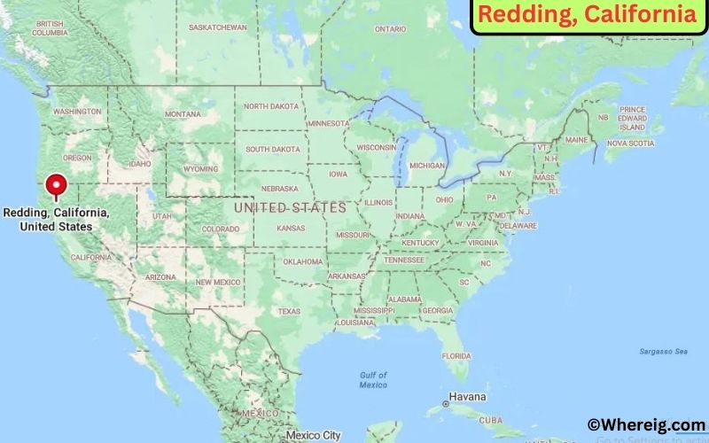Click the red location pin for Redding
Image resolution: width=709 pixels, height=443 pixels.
57,185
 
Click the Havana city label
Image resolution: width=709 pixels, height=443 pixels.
468,396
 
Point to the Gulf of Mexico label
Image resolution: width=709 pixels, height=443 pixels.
373,380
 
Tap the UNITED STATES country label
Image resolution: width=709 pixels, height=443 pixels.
289,207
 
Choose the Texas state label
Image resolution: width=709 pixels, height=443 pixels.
289,311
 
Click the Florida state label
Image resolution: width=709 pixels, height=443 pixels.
456,355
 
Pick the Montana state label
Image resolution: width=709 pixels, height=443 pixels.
183,114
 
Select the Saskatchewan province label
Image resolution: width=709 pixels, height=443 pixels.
217,27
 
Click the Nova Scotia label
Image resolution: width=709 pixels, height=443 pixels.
629,143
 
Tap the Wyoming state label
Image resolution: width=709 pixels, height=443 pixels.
200,168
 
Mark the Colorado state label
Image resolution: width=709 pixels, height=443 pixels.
220,229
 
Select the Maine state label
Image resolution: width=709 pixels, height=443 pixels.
576,140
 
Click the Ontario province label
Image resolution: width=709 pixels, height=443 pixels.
390,29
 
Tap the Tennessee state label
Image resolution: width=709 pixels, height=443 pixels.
403,260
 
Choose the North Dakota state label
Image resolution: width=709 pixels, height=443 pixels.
272,106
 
